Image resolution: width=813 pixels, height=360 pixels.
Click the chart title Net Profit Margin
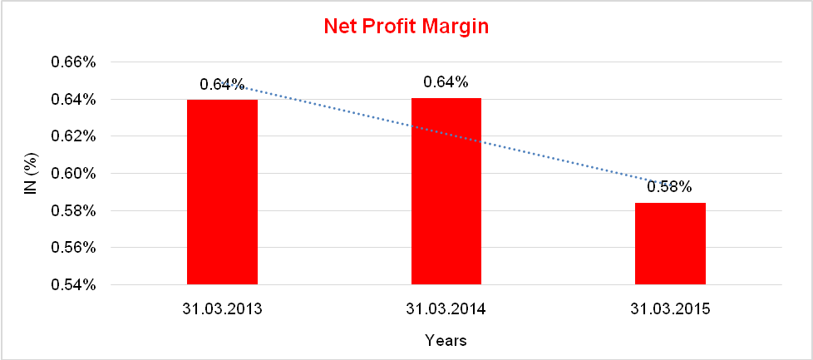click(x=406, y=27)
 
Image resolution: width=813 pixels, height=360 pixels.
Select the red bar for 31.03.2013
click(x=222, y=192)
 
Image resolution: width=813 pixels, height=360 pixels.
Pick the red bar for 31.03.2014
click(x=446, y=191)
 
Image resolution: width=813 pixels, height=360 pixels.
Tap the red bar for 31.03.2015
click(x=670, y=244)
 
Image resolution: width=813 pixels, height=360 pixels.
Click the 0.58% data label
click(x=669, y=187)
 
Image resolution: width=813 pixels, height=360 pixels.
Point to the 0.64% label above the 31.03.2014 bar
click(x=446, y=82)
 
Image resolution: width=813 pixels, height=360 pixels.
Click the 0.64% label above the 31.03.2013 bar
click(x=221, y=84)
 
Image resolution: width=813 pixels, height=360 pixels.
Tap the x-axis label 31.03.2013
click(x=222, y=309)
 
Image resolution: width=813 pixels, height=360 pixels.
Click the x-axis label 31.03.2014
click(x=446, y=309)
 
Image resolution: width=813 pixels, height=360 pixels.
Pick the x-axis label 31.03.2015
click(x=670, y=309)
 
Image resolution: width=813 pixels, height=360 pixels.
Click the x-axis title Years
click(x=446, y=340)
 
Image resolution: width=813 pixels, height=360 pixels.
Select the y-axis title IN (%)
click(x=31, y=174)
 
